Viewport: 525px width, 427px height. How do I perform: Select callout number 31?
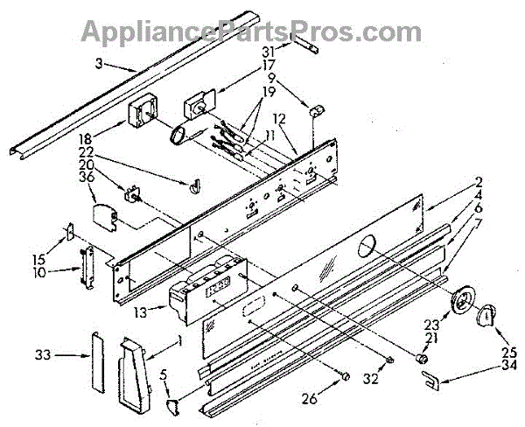click(x=268, y=50)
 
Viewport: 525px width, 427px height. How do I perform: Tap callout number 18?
click(x=110, y=138)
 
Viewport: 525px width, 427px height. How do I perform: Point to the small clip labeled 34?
click(x=430, y=380)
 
